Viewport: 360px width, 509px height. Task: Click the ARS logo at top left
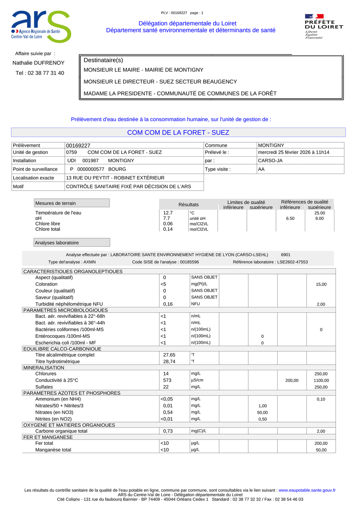(41, 26)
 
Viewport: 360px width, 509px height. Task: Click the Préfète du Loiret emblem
(324, 26)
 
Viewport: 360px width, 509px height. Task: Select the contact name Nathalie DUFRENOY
(38, 63)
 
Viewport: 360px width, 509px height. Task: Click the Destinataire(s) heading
(103, 60)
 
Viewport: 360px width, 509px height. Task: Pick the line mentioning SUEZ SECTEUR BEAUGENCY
(160, 82)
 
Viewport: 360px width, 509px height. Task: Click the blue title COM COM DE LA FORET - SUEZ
(178, 132)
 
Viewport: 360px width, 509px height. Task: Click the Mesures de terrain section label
(55, 203)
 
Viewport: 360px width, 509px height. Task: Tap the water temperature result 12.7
(168, 213)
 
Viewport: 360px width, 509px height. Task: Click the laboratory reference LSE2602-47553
(288, 262)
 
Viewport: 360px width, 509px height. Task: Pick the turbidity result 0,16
(168, 304)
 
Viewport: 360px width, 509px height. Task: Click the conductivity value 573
(167, 380)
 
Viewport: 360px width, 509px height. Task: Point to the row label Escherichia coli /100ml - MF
(66, 343)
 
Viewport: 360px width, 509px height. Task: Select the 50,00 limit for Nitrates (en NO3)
(262, 413)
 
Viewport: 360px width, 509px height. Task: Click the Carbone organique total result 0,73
(168, 431)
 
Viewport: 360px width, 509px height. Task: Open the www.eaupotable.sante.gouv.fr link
(307, 490)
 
